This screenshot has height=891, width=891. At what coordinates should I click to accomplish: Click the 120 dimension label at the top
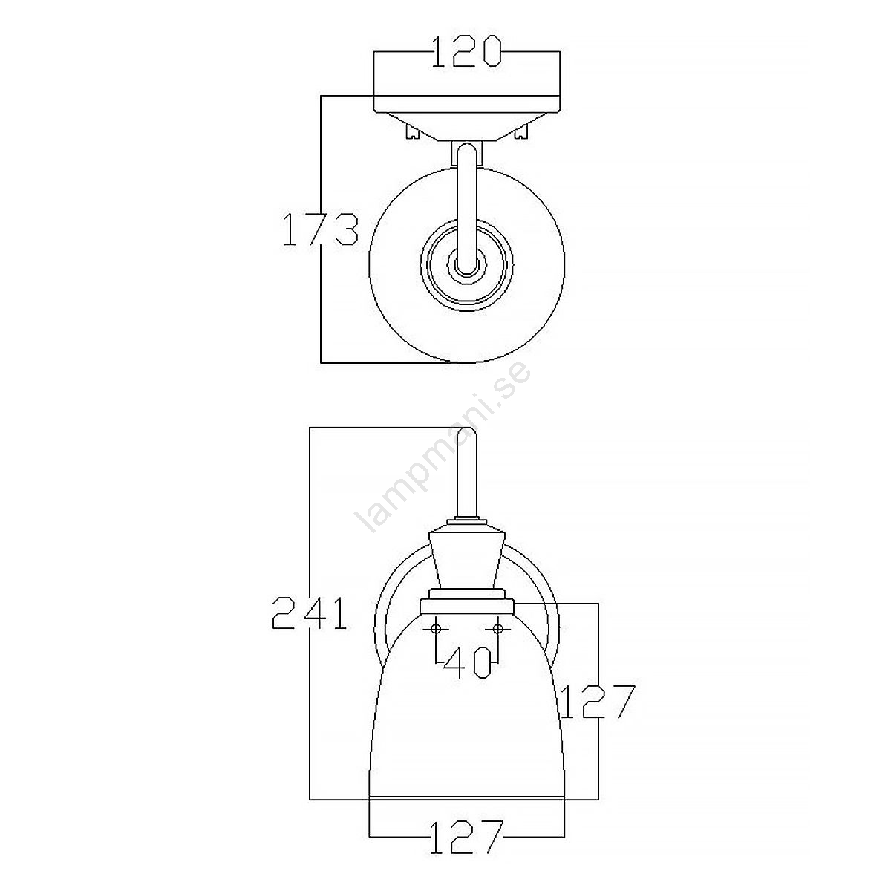466,52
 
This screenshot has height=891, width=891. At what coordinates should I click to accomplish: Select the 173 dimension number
320,229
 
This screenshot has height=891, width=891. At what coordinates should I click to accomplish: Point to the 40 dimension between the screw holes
468,662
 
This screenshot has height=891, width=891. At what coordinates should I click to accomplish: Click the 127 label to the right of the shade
598,702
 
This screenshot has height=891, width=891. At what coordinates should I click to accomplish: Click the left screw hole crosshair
436,629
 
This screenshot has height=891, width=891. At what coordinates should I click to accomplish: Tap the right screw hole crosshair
498,629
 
